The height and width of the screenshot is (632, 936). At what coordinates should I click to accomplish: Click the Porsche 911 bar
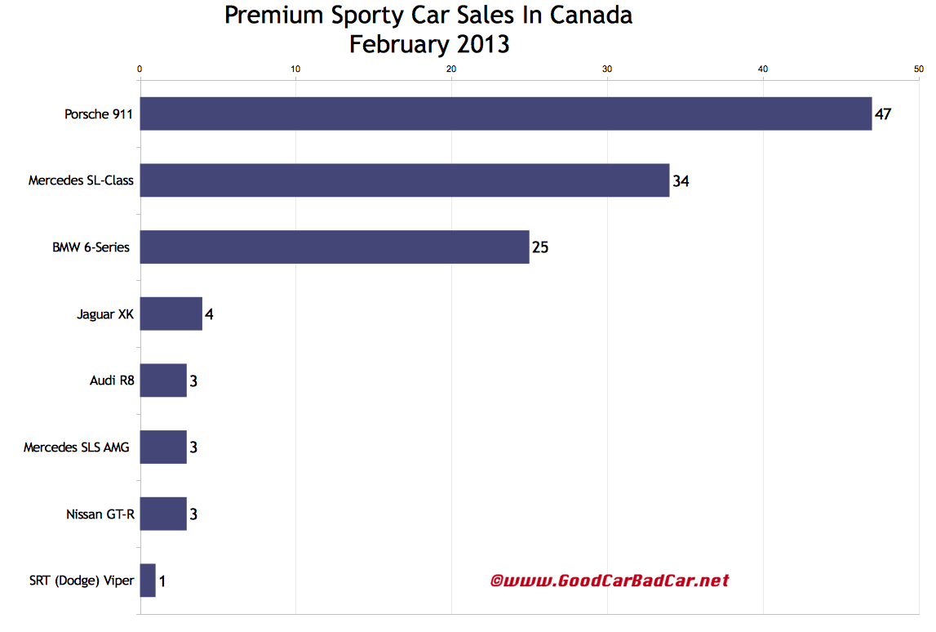tap(506, 113)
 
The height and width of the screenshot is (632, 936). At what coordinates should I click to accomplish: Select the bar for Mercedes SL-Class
tap(405, 180)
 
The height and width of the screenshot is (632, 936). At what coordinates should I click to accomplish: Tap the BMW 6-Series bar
tap(335, 247)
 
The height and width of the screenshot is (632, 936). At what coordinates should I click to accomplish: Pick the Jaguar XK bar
tap(171, 314)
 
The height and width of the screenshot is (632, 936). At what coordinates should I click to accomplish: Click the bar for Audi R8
tap(163, 381)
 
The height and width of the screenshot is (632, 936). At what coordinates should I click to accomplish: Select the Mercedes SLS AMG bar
tap(163, 447)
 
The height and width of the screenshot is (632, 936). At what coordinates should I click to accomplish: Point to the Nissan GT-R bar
tap(163, 514)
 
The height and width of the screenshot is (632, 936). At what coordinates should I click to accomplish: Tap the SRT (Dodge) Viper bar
tap(148, 581)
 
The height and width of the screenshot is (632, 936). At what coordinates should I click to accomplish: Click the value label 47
tap(882, 114)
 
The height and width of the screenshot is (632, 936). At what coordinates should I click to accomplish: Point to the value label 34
tap(681, 181)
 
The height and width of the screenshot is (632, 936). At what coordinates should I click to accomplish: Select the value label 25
tap(540, 247)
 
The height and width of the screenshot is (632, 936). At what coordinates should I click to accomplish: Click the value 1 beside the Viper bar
tap(162, 581)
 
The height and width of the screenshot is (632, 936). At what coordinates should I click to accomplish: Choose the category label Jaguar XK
tap(106, 314)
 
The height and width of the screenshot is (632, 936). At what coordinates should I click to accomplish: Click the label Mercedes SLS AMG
tap(76, 447)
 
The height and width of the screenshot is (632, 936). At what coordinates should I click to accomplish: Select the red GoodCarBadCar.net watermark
tap(609, 581)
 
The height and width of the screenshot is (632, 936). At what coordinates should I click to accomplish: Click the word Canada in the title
tap(592, 16)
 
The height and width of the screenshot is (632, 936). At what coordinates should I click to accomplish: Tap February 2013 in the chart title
tap(429, 44)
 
